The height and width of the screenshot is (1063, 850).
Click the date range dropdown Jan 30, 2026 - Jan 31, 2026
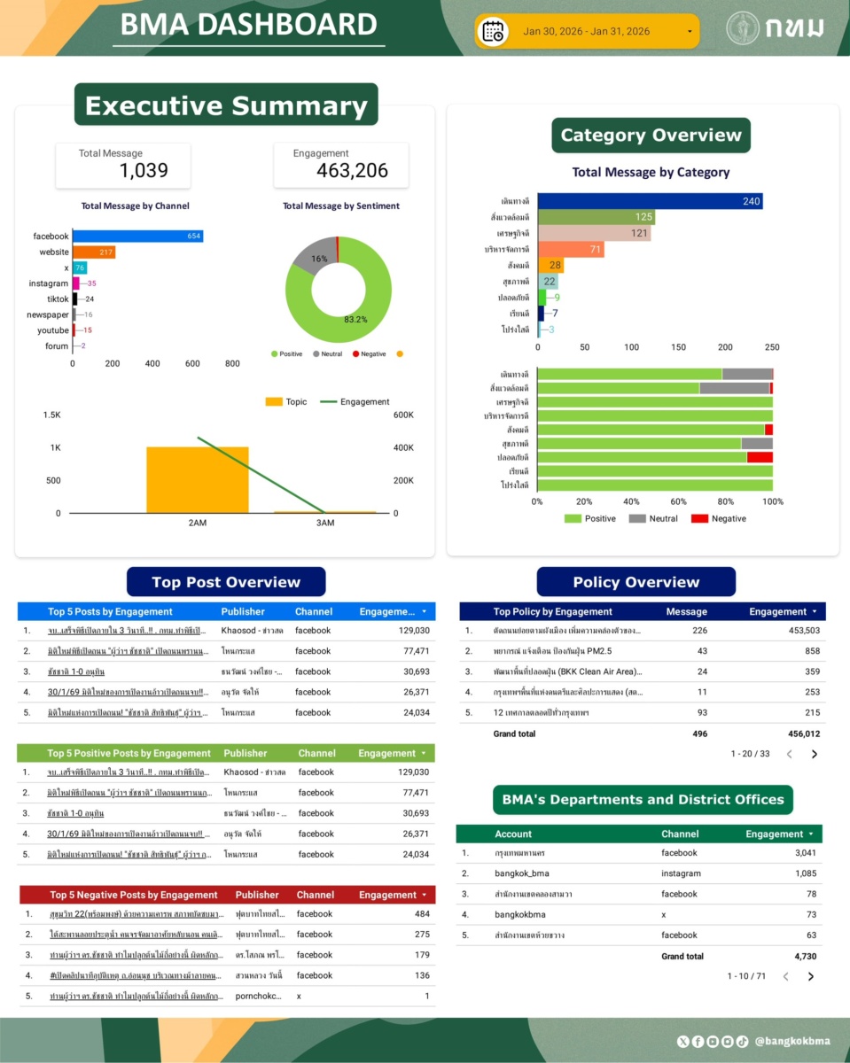pyautogui.click(x=587, y=32)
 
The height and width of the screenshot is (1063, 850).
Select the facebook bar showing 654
pyautogui.click(x=137, y=237)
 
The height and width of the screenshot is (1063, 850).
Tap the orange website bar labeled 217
pyautogui.click(x=94, y=252)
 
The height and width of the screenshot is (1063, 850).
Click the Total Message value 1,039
pyautogui.click(x=144, y=170)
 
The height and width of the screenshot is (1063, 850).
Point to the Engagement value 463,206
pyautogui.click(x=352, y=170)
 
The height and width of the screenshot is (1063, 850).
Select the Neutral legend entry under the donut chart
pyautogui.click(x=329, y=354)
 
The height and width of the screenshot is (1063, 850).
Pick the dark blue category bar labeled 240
pyautogui.click(x=649, y=202)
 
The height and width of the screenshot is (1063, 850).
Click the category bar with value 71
pyautogui.click(x=571, y=249)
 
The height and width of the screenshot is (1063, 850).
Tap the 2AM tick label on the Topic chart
pyautogui.click(x=198, y=523)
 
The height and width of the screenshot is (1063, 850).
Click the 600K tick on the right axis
pyautogui.click(x=403, y=415)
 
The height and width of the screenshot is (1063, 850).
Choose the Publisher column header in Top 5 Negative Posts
pyautogui.click(x=257, y=895)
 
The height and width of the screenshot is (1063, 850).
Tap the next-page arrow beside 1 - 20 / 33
pyautogui.click(x=815, y=755)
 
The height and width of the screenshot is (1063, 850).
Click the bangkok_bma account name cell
pyautogui.click(x=522, y=873)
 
